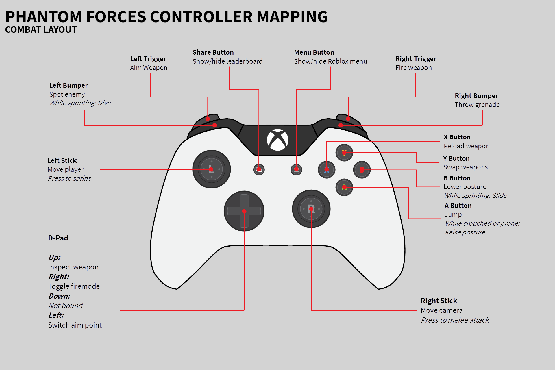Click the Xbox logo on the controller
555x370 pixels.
277,140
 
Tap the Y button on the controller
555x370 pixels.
344,152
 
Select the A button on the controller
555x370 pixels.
344,187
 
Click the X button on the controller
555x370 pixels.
326,170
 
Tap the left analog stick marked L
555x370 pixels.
211,169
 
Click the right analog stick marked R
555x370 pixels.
311,209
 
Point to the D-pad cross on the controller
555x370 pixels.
244,211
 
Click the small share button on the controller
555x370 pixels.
259,170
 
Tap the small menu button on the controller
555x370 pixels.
296,170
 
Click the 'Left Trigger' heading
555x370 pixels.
148,59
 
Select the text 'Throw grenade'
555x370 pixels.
477,105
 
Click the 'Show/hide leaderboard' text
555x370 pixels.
227,61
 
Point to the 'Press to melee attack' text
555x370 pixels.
455,320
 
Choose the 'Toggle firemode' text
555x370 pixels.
74,286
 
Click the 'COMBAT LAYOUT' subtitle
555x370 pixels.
41,29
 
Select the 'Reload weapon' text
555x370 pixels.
467,146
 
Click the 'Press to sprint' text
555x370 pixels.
69,178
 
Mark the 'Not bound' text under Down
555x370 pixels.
66,306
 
